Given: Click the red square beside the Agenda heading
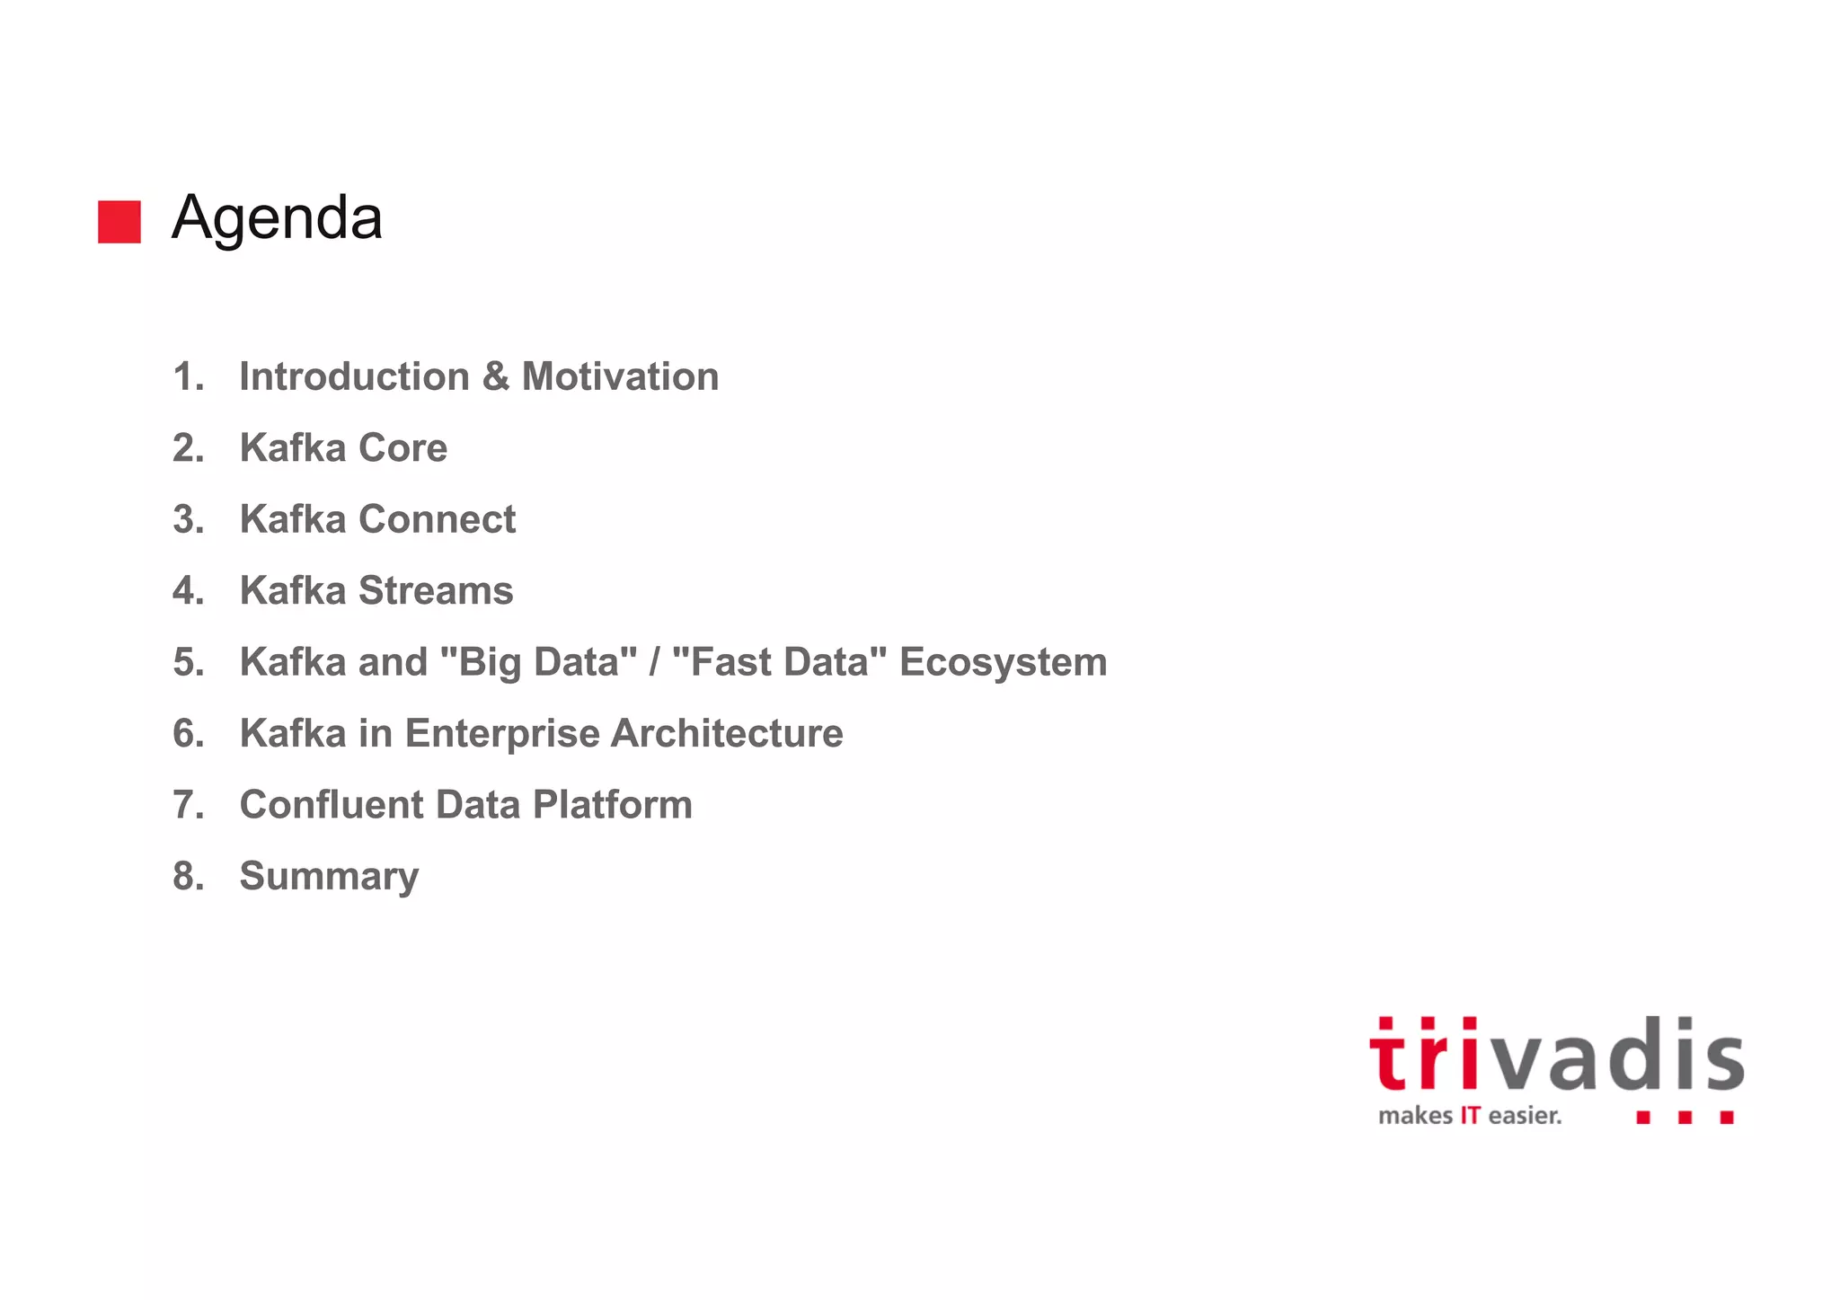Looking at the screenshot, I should (x=119, y=221).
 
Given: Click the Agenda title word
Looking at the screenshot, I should (x=277, y=218).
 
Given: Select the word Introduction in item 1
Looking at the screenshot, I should (x=354, y=376).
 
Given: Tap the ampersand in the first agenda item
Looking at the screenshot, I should (x=495, y=376).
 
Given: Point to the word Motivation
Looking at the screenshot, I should (x=620, y=376).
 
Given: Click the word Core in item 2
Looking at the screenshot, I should (x=402, y=447).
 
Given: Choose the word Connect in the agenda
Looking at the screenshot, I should (x=437, y=519).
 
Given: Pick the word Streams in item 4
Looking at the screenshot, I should (x=436, y=590).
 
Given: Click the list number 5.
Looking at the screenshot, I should (x=188, y=662).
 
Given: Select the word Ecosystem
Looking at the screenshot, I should (x=1003, y=662).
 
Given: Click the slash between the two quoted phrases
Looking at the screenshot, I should (x=654, y=662).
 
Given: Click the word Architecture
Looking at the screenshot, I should (x=727, y=733).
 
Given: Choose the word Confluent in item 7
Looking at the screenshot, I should (x=331, y=805).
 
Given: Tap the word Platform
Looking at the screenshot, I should (x=612, y=805).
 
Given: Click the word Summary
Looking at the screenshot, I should (x=329, y=877).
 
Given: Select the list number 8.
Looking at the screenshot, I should (x=188, y=876).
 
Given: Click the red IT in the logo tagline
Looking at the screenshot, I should (x=1470, y=1116).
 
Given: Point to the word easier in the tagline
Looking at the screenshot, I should (x=1525, y=1116).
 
